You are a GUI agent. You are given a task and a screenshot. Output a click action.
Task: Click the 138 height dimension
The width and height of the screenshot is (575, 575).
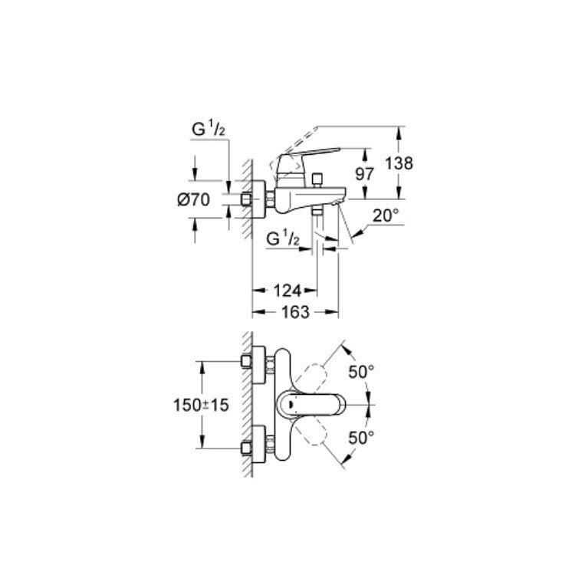[399, 163]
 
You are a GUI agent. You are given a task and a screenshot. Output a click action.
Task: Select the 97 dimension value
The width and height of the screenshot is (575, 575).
[364, 174]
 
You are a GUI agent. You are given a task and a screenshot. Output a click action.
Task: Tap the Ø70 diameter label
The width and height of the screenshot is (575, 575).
[193, 200]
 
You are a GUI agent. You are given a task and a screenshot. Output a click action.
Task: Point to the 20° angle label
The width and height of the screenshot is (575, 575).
[386, 215]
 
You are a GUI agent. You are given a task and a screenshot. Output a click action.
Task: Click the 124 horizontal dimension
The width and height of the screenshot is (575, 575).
[287, 291]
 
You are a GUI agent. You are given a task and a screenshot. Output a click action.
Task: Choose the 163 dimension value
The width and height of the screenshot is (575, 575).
[295, 312]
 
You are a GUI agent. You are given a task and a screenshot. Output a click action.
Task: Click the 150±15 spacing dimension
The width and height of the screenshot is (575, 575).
[201, 406]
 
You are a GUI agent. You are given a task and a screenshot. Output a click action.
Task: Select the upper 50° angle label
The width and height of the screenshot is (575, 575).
[361, 372]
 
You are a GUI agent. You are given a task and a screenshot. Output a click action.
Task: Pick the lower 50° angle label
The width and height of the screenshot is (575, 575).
[361, 438]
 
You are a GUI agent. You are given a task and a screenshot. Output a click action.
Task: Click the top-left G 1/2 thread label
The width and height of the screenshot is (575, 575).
[209, 129]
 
